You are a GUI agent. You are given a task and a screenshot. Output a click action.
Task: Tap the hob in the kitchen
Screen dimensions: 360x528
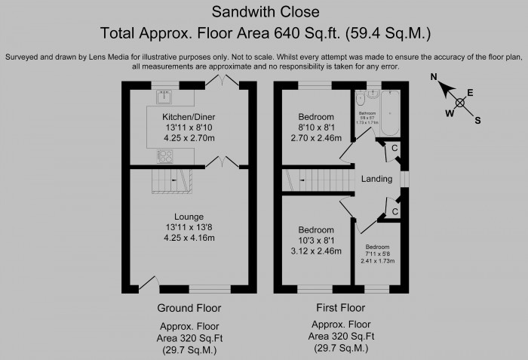click(164, 155)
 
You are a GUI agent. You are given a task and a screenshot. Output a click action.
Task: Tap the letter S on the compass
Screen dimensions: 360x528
click(477, 119)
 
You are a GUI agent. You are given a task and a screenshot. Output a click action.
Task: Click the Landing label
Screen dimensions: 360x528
click(376, 180)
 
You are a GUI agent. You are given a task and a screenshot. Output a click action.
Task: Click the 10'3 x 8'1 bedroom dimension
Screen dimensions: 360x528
click(316, 240)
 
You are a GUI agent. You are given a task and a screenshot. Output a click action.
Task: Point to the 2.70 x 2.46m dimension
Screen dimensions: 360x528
click(316, 138)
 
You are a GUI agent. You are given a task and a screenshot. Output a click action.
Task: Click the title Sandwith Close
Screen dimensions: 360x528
click(265, 11)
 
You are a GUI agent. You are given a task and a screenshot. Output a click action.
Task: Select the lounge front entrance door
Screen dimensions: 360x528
click(149, 283)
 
